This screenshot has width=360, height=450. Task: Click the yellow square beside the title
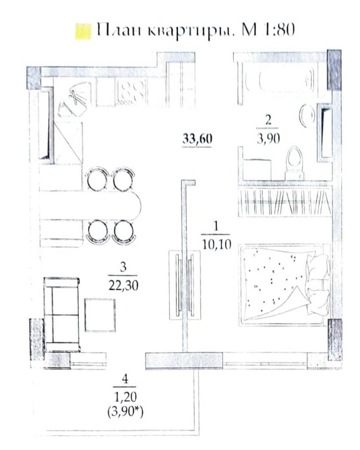pos(83,32)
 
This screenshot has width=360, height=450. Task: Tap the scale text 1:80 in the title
pos(279,30)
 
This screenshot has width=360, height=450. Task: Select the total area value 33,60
pos(197,139)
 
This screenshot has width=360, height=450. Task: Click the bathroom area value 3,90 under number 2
pos(269,139)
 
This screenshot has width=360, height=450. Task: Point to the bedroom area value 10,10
pos(217,244)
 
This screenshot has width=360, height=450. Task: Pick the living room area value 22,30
pos(124,285)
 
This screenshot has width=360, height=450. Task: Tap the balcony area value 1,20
pos(125,397)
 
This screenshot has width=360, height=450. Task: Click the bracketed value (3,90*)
pos(126,412)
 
